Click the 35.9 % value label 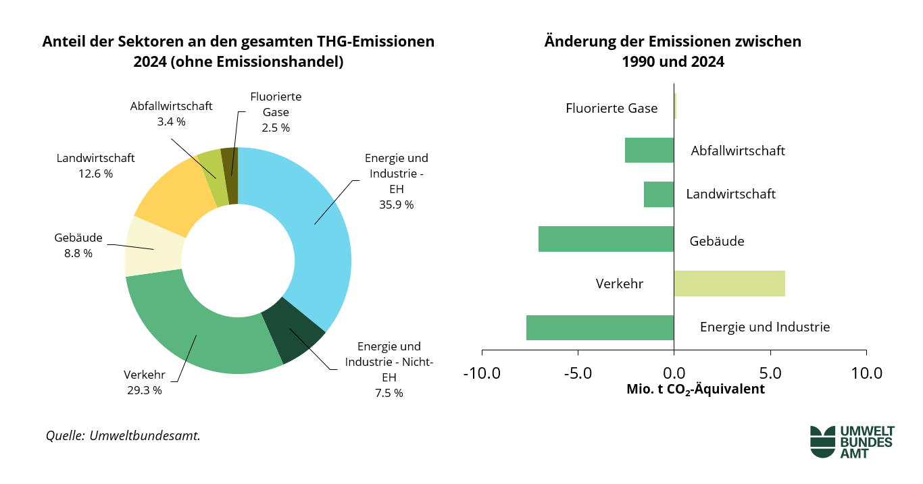(396, 205)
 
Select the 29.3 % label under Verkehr (145, 390)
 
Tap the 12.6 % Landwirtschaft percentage (96, 173)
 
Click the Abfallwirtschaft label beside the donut (171, 106)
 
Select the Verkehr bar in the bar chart (729, 284)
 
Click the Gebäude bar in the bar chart (606, 239)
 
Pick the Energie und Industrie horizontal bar (600, 327)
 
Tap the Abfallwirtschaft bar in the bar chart (649, 150)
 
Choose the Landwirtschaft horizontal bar (659, 194)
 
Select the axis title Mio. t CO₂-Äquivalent (695, 389)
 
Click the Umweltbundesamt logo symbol (822, 441)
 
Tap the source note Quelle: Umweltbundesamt (123, 435)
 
